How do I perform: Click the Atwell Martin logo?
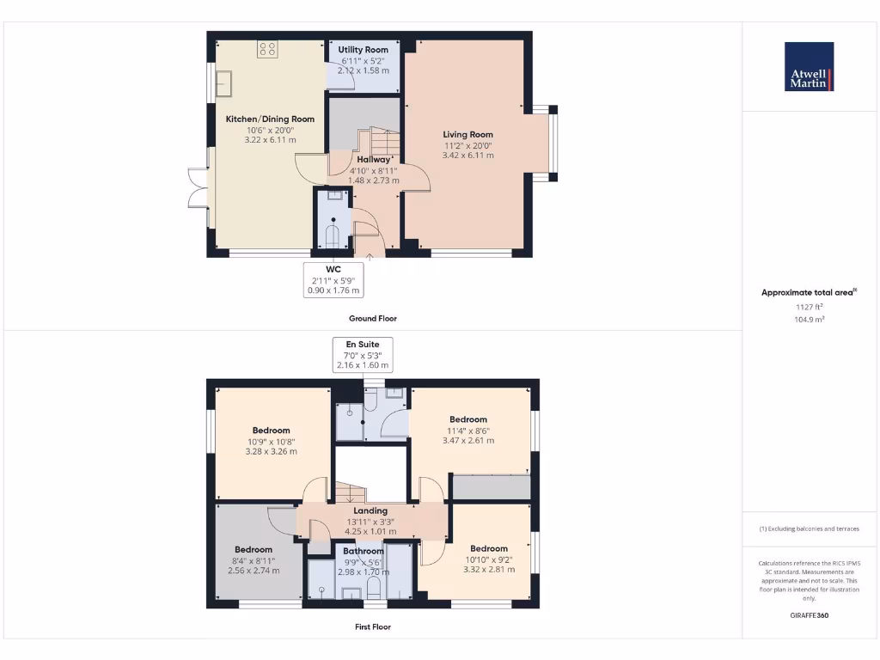[809, 67]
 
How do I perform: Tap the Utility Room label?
[364, 50]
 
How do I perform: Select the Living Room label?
[467, 134]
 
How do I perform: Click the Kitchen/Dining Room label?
[270, 119]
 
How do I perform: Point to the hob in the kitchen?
[266, 49]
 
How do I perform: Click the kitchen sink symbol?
[227, 84]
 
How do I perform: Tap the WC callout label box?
[333, 279]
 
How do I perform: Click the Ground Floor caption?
[372, 318]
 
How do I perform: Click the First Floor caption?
[372, 626]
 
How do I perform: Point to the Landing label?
[371, 510]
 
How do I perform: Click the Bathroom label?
[364, 551]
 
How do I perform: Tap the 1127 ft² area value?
[808, 306]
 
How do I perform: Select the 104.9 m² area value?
[808, 318]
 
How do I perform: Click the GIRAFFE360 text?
[808, 615]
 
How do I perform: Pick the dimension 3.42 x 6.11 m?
[467, 156]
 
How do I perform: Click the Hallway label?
[373, 160]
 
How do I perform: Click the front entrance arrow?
[370, 255]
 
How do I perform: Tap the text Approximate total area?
[807, 293]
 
